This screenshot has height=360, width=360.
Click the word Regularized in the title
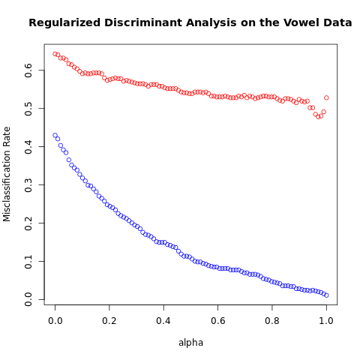point(64,23)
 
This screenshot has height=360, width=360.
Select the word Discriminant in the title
point(143,22)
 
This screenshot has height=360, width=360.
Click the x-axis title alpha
point(190,343)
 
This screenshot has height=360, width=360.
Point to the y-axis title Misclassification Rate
point(7,174)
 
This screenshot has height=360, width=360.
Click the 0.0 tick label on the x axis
point(55,320)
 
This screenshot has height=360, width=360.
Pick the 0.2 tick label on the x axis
point(109,320)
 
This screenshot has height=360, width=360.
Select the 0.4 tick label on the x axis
point(163,320)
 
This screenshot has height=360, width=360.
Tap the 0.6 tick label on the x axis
point(217,320)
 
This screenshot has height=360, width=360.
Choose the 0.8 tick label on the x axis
point(272,320)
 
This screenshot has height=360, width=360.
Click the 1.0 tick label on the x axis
point(326,320)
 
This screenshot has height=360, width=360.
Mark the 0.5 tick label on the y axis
point(28,109)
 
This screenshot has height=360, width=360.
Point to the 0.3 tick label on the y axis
point(28,185)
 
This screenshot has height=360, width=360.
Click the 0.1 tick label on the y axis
point(28,262)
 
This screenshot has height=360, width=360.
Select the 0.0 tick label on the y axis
point(28,299)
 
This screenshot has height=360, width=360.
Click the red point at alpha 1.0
point(326,97)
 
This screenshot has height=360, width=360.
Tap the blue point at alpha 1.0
point(326,295)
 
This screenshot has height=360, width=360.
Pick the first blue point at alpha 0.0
point(55,135)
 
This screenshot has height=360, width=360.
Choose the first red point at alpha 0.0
point(55,54)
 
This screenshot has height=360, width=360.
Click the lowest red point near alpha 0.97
point(318,116)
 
